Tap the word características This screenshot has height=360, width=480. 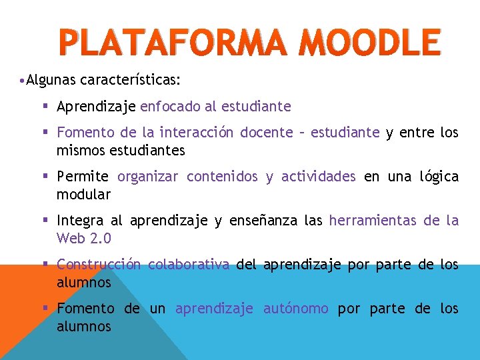click(x=130, y=81)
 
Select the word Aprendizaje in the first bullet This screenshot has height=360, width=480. click(x=97, y=106)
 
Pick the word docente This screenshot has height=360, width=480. click(x=267, y=133)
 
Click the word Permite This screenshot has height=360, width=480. click(x=83, y=177)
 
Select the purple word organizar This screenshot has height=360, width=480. click(x=148, y=177)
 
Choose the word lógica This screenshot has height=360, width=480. click(x=439, y=177)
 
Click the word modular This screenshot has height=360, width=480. click(x=83, y=195)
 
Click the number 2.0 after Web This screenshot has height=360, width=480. click(x=101, y=238)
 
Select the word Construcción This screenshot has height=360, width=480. click(x=99, y=265)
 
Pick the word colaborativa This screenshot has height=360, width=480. click(x=189, y=265)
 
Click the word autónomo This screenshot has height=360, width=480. click(x=295, y=309)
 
